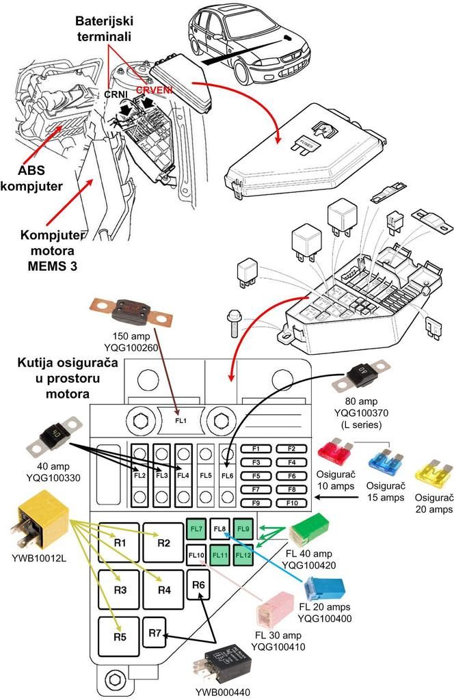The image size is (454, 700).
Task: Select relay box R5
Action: coord(120,636)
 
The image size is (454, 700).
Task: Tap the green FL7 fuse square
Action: coord(197,529)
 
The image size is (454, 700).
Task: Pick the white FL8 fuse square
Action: coord(220,529)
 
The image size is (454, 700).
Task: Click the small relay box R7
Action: coord(155,634)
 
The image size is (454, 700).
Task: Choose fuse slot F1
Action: coord(257,448)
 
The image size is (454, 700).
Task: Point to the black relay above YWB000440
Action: coord(222,662)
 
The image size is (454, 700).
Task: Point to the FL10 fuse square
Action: coord(197,554)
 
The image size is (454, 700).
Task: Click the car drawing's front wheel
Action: coord(244,70)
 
